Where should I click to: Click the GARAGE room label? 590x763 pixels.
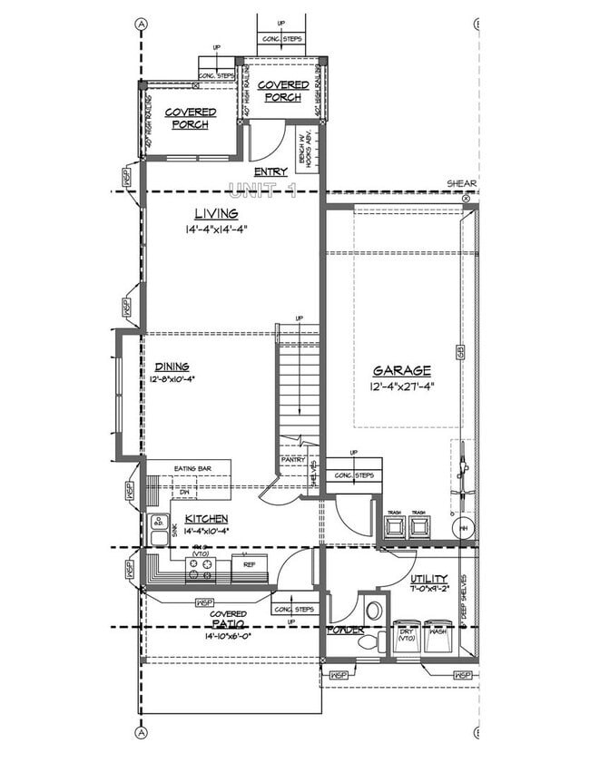click(400, 370)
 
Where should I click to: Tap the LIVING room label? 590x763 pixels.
click(215, 214)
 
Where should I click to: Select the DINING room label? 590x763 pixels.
click(171, 367)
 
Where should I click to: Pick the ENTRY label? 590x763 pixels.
click(270, 171)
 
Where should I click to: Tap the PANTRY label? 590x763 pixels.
click(292, 460)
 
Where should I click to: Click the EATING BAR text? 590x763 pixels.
click(192, 468)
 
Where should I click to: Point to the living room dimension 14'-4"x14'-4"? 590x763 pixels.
click(215, 229)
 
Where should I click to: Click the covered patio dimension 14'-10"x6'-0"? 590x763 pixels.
click(229, 636)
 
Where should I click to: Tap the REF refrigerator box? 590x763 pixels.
click(248, 564)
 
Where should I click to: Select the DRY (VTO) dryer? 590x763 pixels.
click(406, 636)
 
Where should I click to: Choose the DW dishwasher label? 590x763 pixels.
click(184, 493)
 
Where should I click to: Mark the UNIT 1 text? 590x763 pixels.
click(262, 191)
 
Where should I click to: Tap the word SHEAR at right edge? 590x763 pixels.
click(461, 182)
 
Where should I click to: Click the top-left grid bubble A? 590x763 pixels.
click(141, 24)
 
